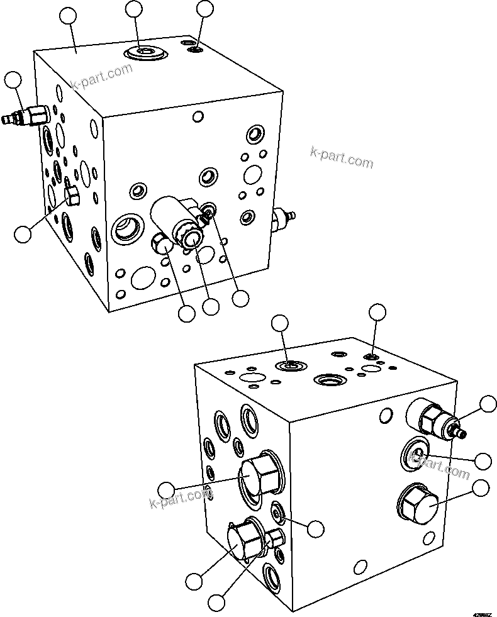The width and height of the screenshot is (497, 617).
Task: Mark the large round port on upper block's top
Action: coord(145,53)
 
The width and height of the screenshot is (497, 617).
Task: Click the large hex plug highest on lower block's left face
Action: coord(258,477)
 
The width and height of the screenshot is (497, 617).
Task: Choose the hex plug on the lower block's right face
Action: coord(418,504)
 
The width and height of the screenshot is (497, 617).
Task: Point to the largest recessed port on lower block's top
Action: coord(330,380)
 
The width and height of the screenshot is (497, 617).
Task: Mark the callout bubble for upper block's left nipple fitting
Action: coord(13,80)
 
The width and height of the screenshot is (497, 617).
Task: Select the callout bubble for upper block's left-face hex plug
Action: coord(23,234)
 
